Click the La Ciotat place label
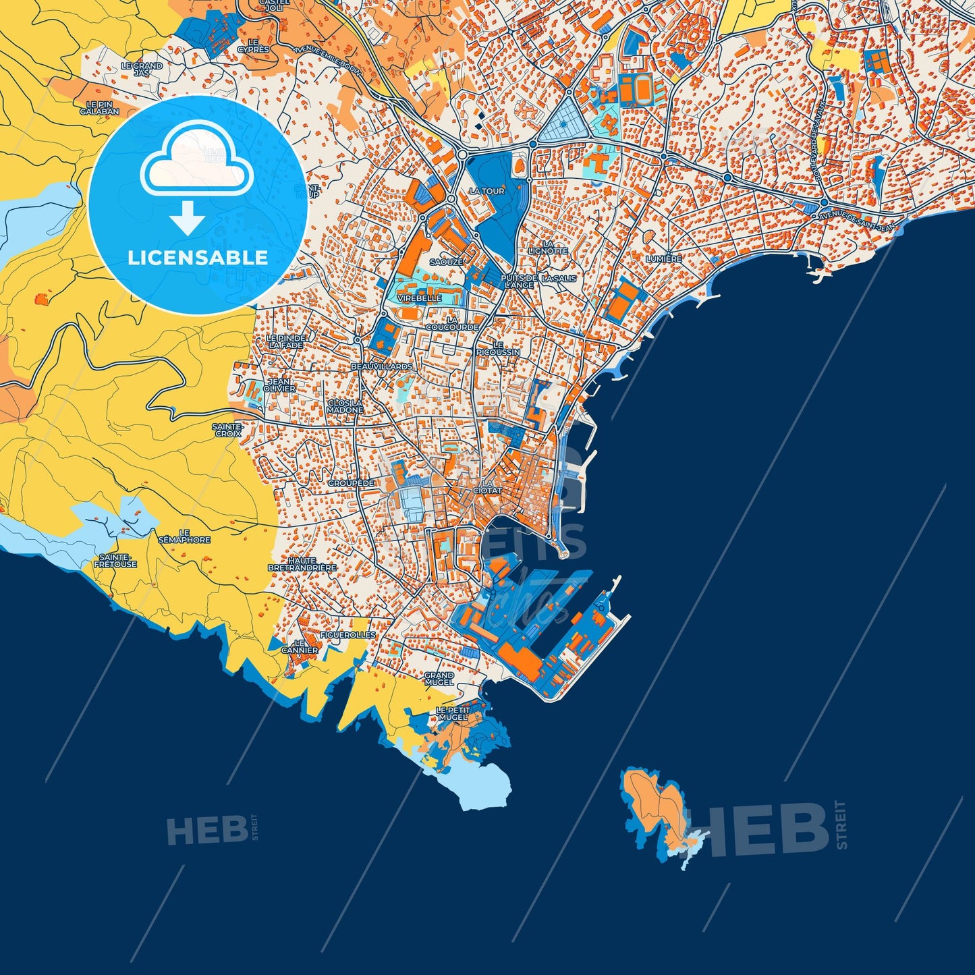(x=491, y=487)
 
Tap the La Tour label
(x=486, y=191)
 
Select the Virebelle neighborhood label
(x=420, y=298)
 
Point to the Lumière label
(x=664, y=259)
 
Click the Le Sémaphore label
(x=184, y=536)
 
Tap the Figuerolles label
(x=347, y=635)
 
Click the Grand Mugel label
(x=439, y=678)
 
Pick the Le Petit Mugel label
(x=452, y=714)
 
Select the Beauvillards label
(x=382, y=366)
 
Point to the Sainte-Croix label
(x=227, y=430)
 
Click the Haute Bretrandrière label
(x=302, y=564)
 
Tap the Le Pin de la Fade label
(x=285, y=341)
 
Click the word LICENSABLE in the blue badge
(x=198, y=257)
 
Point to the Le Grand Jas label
(x=142, y=69)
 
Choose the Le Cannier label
(x=300, y=646)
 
